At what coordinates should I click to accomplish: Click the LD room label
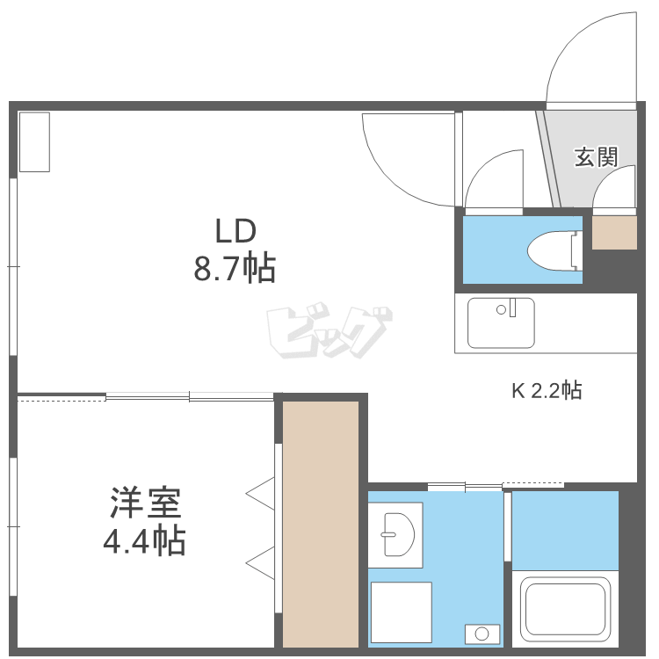pyautogui.click(x=235, y=231)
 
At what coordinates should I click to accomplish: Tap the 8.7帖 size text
pyautogui.click(x=235, y=267)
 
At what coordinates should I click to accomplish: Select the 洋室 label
pyautogui.click(x=146, y=503)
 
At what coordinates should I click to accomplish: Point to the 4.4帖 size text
pyautogui.click(x=145, y=540)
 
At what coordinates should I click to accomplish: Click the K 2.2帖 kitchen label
pyautogui.click(x=547, y=390)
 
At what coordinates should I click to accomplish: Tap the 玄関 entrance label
pyautogui.click(x=596, y=157)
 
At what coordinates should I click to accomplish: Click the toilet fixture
pyautogui.click(x=554, y=250)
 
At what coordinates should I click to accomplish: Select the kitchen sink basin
pyautogui.click(x=501, y=322)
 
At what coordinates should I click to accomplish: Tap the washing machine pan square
pyautogui.click(x=400, y=612)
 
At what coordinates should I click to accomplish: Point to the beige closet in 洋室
pyautogui.click(x=320, y=524)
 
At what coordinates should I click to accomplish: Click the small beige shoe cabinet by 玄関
pyautogui.click(x=614, y=232)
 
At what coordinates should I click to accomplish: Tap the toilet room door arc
pyautogui.click(x=494, y=180)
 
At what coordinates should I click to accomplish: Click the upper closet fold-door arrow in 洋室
pyautogui.click(x=261, y=494)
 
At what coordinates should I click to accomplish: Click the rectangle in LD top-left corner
pyautogui.click(x=34, y=141)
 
